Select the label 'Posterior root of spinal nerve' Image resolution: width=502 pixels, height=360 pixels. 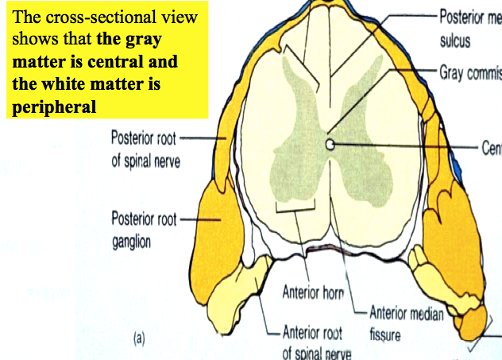(x=145, y=149)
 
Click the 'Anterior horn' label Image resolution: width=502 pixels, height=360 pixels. (x=313, y=292)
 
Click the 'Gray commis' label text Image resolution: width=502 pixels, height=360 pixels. (x=469, y=73)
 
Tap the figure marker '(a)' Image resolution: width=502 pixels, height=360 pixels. (x=139, y=339)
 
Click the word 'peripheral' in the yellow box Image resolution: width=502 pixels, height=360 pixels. (x=53, y=106)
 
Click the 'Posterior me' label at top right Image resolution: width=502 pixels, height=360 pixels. (x=470, y=17)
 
